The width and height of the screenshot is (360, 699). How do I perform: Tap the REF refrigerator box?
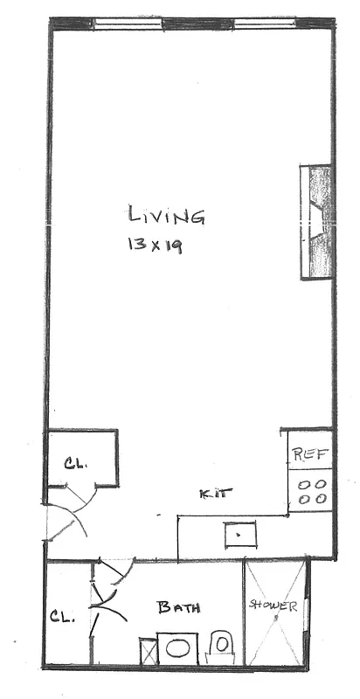tap(309, 453)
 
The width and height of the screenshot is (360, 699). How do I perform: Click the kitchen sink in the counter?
tap(238, 530)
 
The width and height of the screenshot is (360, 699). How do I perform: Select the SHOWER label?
tap(274, 606)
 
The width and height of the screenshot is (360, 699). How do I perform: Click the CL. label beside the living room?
tap(79, 462)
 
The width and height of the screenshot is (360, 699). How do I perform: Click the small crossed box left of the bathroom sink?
tap(147, 653)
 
